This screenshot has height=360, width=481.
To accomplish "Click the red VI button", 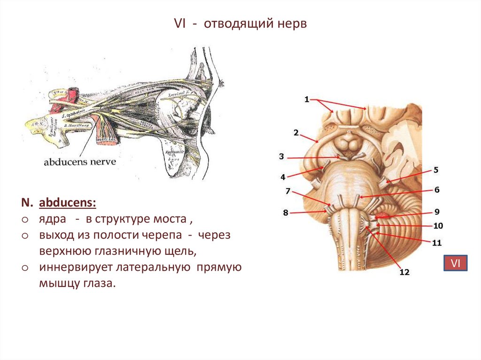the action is pyautogui.click(x=455, y=264).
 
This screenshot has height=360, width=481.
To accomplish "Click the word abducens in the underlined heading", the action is pyautogui.click(x=67, y=203).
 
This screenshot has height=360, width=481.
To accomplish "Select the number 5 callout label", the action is pyautogui.click(x=435, y=169).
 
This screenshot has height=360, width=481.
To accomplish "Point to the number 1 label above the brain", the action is pyautogui.click(x=307, y=99).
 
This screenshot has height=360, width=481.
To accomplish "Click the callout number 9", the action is pyautogui.click(x=436, y=211).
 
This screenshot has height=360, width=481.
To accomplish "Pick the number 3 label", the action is pyautogui.click(x=281, y=157).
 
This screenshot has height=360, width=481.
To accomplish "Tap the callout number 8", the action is pyautogui.click(x=286, y=213).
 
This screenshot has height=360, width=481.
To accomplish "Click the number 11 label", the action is pyautogui.click(x=437, y=243).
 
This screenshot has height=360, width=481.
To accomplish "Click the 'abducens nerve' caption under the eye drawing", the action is pyautogui.click(x=79, y=162).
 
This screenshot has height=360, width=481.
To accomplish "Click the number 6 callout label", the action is pyautogui.click(x=436, y=190).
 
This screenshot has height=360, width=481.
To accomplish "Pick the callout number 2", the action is pyautogui.click(x=296, y=133).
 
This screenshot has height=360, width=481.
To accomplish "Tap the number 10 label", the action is pyautogui.click(x=438, y=226).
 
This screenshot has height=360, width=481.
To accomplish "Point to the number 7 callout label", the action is pyautogui.click(x=287, y=191).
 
